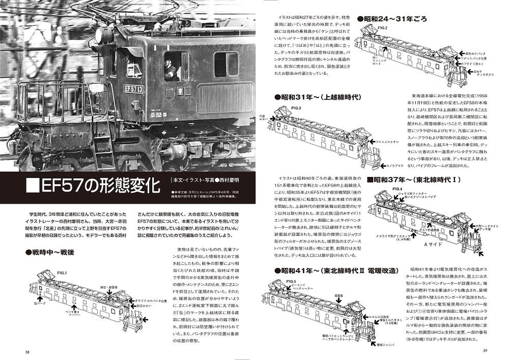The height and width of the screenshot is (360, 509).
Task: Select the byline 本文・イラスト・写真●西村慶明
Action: (x=201, y=179)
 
